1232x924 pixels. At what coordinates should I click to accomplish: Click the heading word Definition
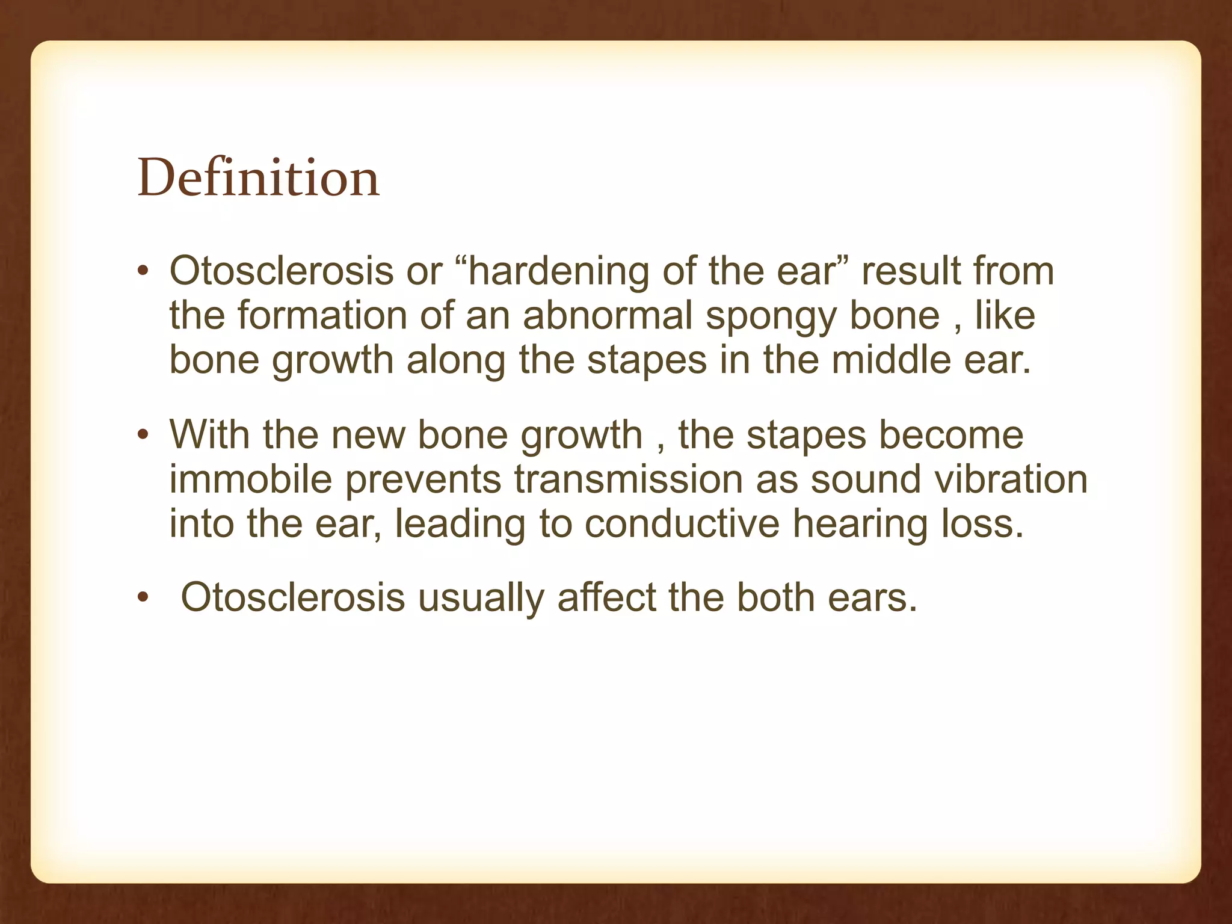point(259,178)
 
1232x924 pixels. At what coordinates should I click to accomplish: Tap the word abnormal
point(608,315)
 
